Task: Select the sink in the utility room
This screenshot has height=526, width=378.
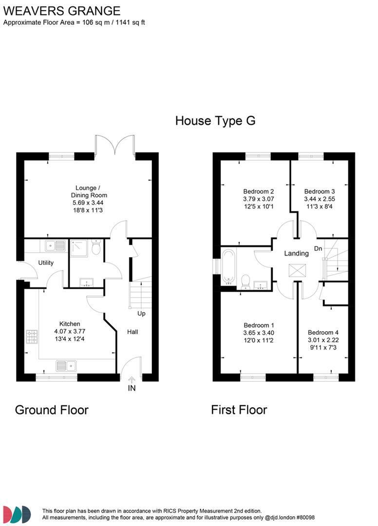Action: pos(56,246)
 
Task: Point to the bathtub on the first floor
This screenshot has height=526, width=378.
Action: pos(228,266)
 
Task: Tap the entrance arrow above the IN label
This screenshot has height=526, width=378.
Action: pos(131,379)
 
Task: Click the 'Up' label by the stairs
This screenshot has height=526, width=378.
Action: pos(141,313)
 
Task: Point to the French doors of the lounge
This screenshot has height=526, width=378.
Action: pos(115,146)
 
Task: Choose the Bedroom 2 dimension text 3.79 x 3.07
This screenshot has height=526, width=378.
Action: pos(259,199)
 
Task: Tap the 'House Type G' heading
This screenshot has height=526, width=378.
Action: pos(215,120)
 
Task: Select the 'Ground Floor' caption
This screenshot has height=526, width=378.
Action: pos(52,410)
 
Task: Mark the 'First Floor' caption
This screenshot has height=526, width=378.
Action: pos(239,410)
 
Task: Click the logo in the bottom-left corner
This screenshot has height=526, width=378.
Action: pos(17,514)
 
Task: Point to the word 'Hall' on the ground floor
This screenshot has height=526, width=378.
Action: pos(132,332)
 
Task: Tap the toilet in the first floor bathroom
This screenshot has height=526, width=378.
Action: pos(246,281)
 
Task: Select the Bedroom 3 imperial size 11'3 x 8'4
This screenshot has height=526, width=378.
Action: pos(319,207)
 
